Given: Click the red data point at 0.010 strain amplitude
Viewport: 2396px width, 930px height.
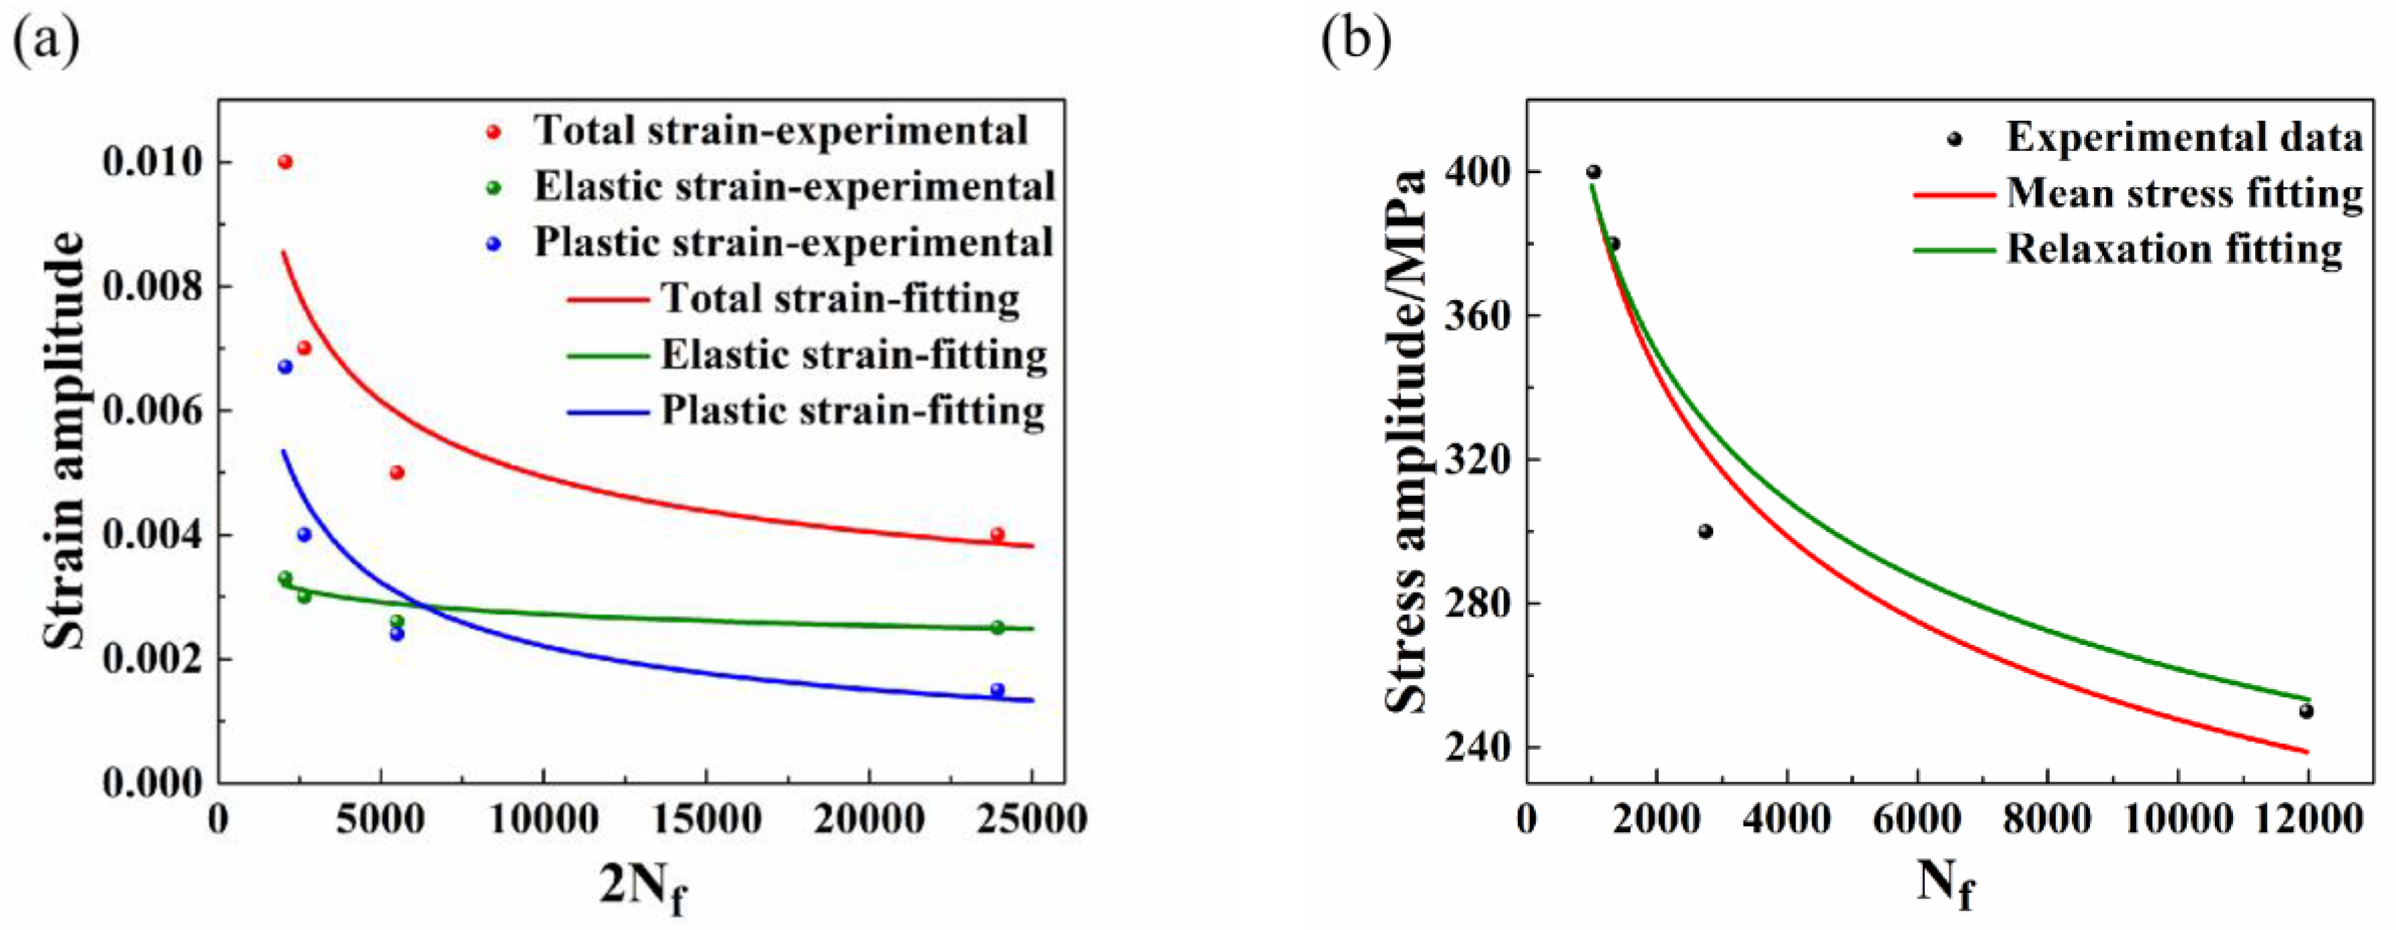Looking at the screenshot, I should (286, 162).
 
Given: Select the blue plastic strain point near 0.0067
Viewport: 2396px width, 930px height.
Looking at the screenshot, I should (286, 366).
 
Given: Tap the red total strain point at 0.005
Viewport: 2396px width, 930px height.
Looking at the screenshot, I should (397, 472).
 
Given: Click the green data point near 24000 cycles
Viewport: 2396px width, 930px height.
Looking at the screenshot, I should (997, 628).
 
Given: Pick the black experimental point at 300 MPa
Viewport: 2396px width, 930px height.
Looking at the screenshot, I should (1705, 531).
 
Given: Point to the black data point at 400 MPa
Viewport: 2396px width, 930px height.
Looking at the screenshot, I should (1594, 172).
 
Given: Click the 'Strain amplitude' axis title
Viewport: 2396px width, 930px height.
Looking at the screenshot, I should (65, 441).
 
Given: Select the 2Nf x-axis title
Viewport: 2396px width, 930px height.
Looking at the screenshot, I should (643, 885).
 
